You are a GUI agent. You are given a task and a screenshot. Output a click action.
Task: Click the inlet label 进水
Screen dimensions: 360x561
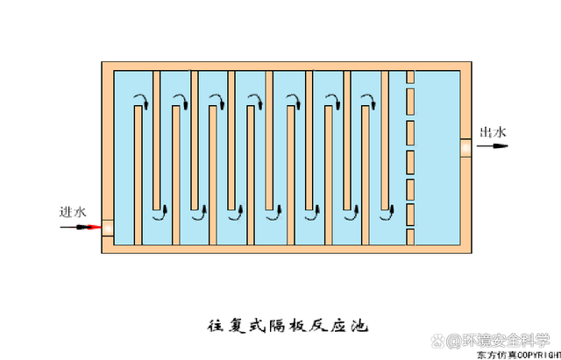point(73,213)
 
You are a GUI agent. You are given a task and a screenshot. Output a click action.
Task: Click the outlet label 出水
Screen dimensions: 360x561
point(493,133)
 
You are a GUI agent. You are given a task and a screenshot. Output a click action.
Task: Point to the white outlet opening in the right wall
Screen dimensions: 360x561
point(465,147)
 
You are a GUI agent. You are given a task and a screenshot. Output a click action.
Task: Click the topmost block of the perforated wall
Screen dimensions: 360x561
point(409,77)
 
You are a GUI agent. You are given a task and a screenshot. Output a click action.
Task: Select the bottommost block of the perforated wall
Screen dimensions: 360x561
point(409,236)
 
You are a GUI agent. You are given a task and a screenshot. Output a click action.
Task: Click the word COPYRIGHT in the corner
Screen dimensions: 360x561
point(537,356)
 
